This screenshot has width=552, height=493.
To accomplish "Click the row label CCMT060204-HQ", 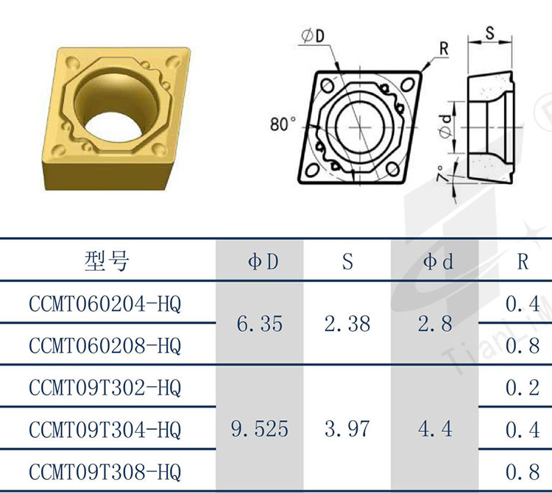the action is point(105,304).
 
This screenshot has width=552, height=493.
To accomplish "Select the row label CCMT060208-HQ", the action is point(105,346).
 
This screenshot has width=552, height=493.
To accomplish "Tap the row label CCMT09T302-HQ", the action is point(105,388).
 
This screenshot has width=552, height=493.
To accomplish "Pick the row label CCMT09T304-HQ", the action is point(105,430).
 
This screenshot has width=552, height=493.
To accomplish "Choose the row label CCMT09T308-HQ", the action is point(105,472).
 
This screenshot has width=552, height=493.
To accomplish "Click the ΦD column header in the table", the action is point(263,261).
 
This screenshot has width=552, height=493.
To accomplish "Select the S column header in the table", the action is point(347,261).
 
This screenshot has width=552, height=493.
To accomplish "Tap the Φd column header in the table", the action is point(438,261).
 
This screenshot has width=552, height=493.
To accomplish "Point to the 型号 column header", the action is point(107,261).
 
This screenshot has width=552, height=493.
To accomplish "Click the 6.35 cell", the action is point(260,324).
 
